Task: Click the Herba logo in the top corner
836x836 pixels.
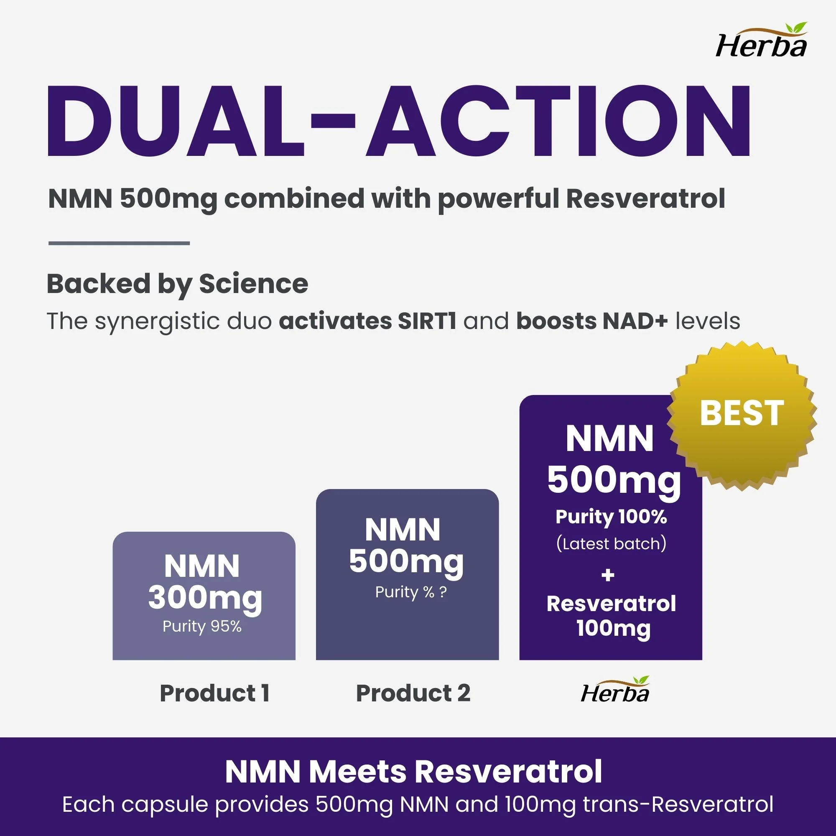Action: (761, 41)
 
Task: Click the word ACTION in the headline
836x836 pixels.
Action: (558, 121)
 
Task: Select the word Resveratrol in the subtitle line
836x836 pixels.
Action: (645, 199)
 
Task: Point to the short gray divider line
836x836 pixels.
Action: (119, 243)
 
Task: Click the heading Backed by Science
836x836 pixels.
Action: (177, 284)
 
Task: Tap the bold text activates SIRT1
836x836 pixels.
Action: (367, 321)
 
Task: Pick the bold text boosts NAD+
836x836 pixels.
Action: (592, 321)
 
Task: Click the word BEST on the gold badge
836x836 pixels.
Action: (741, 413)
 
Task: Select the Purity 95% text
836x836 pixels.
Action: (202, 626)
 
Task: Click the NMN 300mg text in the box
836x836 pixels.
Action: (204, 582)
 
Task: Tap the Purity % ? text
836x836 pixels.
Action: (410, 592)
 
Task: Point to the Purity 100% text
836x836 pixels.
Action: (611, 517)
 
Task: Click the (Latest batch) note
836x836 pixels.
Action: (611, 543)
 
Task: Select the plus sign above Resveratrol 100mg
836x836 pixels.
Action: (608, 575)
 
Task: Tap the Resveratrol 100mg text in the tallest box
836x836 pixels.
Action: (611, 616)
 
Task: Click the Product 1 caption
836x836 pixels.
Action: (214, 693)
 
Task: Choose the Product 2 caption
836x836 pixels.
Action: (413, 693)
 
